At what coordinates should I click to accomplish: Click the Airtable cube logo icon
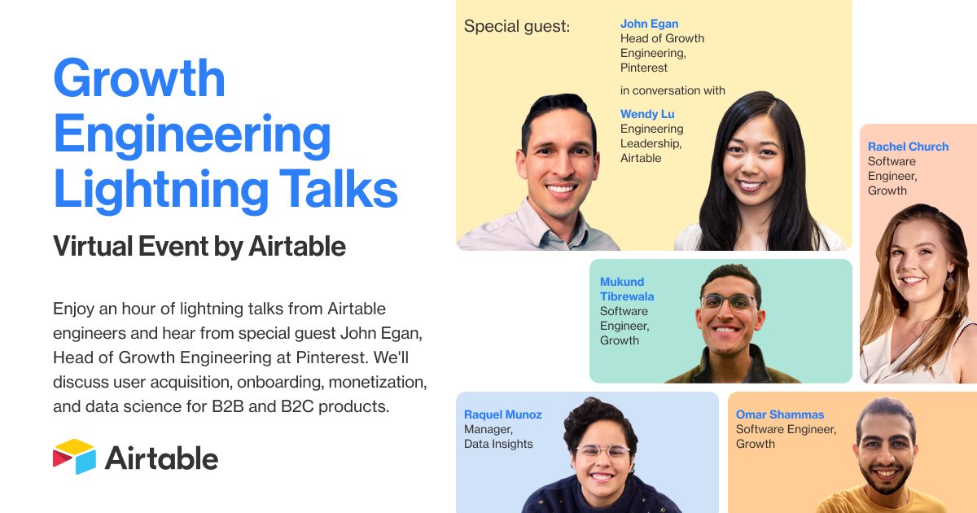(74, 457)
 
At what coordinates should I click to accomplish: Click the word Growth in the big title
(139, 79)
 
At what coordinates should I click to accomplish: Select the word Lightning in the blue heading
(160, 189)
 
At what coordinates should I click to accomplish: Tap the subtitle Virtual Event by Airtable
(199, 246)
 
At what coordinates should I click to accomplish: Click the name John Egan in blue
(649, 24)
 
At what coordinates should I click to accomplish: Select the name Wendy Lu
(647, 114)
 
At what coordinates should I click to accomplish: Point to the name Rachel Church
(908, 147)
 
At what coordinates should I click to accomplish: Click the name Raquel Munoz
(502, 414)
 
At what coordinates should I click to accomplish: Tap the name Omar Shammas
(780, 414)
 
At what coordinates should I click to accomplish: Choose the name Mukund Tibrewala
(627, 289)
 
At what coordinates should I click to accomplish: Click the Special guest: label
(517, 27)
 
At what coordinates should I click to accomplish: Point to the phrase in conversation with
(673, 90)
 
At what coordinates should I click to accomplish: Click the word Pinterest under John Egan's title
(644, 68)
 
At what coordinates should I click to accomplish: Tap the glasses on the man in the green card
(728, 303)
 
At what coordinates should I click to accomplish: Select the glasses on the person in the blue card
(602, 451)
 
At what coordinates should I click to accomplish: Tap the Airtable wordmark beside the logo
(161, 458)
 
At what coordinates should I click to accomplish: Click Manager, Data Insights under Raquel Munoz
(498, 436)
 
